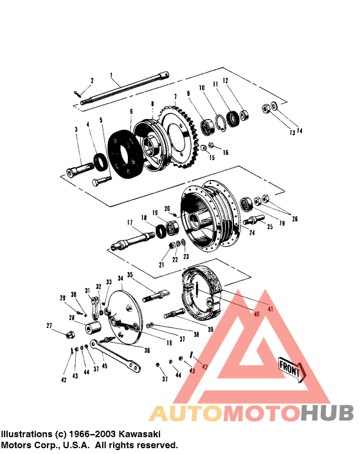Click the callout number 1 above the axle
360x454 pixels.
point(111,75)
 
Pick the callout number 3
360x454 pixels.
point(76,130)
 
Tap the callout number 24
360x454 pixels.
point(252,233)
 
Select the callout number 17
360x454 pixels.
point(129,223)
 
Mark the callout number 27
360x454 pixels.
point(49,326)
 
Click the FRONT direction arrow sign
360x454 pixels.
point(291,370)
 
